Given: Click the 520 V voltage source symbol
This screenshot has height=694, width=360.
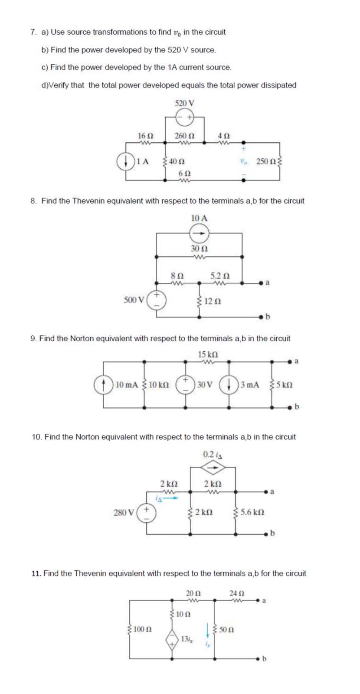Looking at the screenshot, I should point(185,117).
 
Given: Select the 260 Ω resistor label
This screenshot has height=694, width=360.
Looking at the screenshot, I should point(184,135).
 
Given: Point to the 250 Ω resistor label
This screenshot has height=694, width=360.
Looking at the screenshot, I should point(265,161).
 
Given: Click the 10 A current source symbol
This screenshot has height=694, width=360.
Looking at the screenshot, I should point(199,233).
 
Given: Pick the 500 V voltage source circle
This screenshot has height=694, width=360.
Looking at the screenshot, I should point(156,300).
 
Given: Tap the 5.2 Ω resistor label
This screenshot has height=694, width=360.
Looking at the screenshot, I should point(220,275).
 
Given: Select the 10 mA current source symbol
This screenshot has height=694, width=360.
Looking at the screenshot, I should point(104,384).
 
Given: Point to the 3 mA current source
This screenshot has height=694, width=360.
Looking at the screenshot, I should point(229,384).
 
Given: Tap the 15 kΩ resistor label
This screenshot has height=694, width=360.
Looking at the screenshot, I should point(207,354).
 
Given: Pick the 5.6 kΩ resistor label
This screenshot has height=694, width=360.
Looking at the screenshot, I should point(252,512).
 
